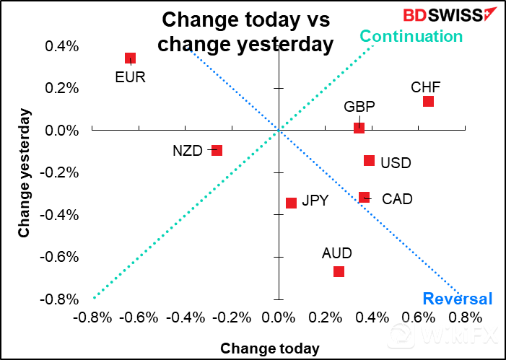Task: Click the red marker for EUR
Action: click(130, 58)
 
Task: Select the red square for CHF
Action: click(428, 101)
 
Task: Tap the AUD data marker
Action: click(339, 271)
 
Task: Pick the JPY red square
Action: click(291, 203)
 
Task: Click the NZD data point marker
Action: click(217, 150)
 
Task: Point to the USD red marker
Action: click(369, 160)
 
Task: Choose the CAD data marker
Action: click(364, 197)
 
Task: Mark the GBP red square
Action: click(359, 128)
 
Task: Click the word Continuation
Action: click(411, 36)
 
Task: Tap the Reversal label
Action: click(457, 299)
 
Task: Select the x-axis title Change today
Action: click(269, 348)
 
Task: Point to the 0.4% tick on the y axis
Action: click(63, 47)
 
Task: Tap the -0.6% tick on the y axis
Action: click(61, 258)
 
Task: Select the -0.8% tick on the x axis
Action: click(91, 317)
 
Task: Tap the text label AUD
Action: click(336, 253)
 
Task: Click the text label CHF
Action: click(425, 87)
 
